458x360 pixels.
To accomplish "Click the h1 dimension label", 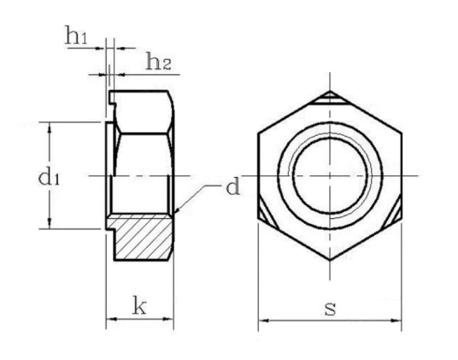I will [77, 36].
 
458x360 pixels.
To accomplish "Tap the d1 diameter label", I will [26, 177].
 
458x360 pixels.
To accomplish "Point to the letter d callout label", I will [232, 187].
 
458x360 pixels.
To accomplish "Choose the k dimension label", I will [139, 304].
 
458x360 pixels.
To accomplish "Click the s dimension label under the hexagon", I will [330, 307].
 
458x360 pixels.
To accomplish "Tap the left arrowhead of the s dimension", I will [261, 322].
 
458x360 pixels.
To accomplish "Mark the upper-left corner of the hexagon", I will [259, 134].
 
